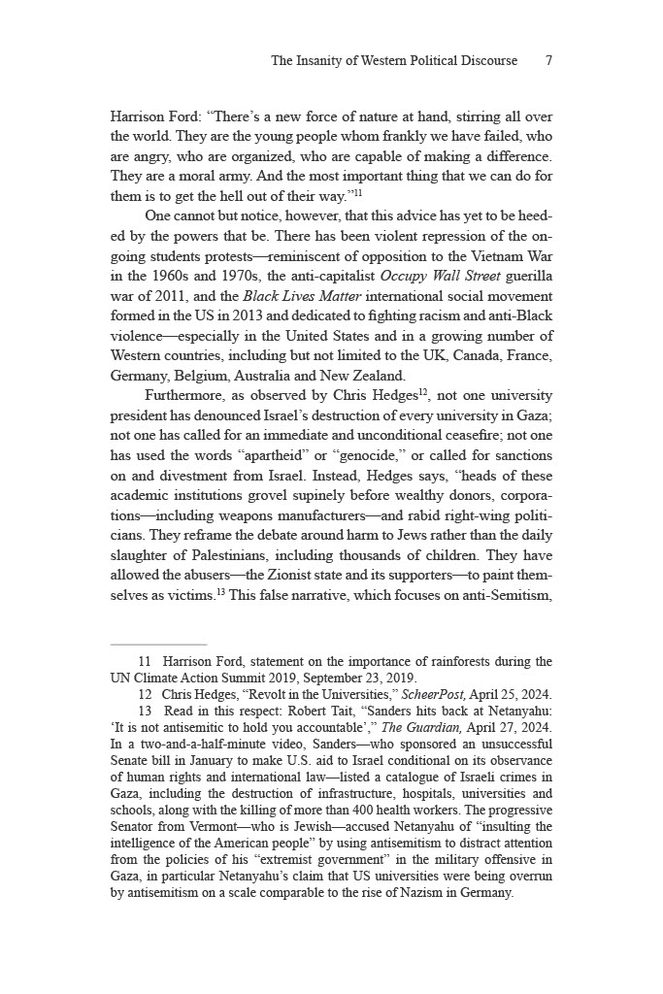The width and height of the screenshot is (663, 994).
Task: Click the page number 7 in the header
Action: [548, 60]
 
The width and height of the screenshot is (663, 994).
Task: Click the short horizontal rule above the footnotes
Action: [158, 644]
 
